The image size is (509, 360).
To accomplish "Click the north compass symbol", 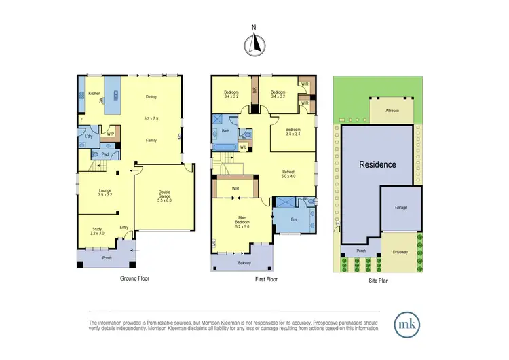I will tap(254, 44).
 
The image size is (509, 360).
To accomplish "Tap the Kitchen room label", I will tap(94, 92).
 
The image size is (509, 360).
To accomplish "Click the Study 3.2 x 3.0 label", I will tap(97, 231).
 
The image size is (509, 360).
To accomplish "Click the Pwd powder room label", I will tap(105, 154).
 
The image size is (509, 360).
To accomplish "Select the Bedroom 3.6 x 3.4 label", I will tap(293, 131).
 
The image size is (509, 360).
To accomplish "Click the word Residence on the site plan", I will tap(377, 164).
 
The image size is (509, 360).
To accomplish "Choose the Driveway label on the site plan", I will tap(400, 252).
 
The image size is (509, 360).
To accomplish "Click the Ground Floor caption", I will tap(134, 278).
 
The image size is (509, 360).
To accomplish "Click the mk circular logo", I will tap(408, 323).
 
